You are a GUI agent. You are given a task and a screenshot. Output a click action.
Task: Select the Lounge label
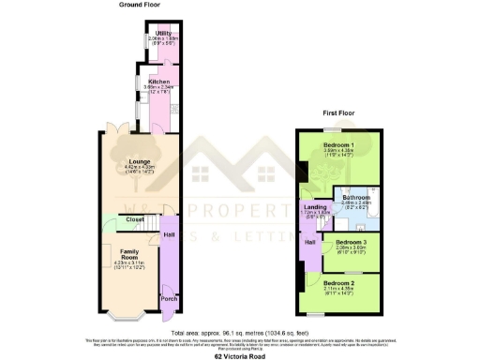(140, 160)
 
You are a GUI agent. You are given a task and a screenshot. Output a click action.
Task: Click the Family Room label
(130, 252)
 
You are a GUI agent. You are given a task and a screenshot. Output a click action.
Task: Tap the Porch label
(168, 299)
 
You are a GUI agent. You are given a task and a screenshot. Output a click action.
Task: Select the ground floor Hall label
(169, 234)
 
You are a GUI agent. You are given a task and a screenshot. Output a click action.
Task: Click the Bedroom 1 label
(338, 145)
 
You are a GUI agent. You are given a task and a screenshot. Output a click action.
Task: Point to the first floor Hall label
(308, 242)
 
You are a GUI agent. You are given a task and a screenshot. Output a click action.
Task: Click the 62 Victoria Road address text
(240, 356)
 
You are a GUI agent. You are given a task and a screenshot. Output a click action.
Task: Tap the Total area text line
(240, 332)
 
